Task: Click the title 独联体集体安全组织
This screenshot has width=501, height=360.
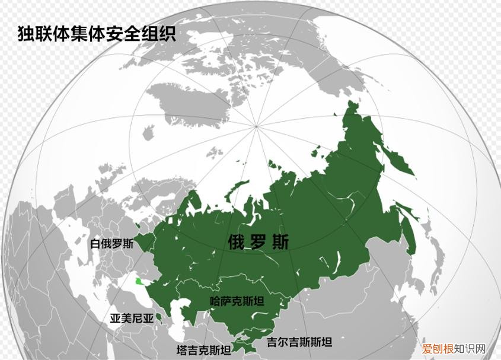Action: click(x=97, y=33)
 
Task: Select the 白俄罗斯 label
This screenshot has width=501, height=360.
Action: click(x=111, y=244)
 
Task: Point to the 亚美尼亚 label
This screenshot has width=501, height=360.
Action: click(x=132, y=318)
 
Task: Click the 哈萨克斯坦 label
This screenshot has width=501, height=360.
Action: click(x=237, y=301)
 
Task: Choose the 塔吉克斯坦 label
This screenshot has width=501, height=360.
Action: click(x=204, y=350)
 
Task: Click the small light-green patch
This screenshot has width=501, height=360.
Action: click(x=139, y=281)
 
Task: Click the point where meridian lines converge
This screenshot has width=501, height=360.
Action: click(x=256, y=126)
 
